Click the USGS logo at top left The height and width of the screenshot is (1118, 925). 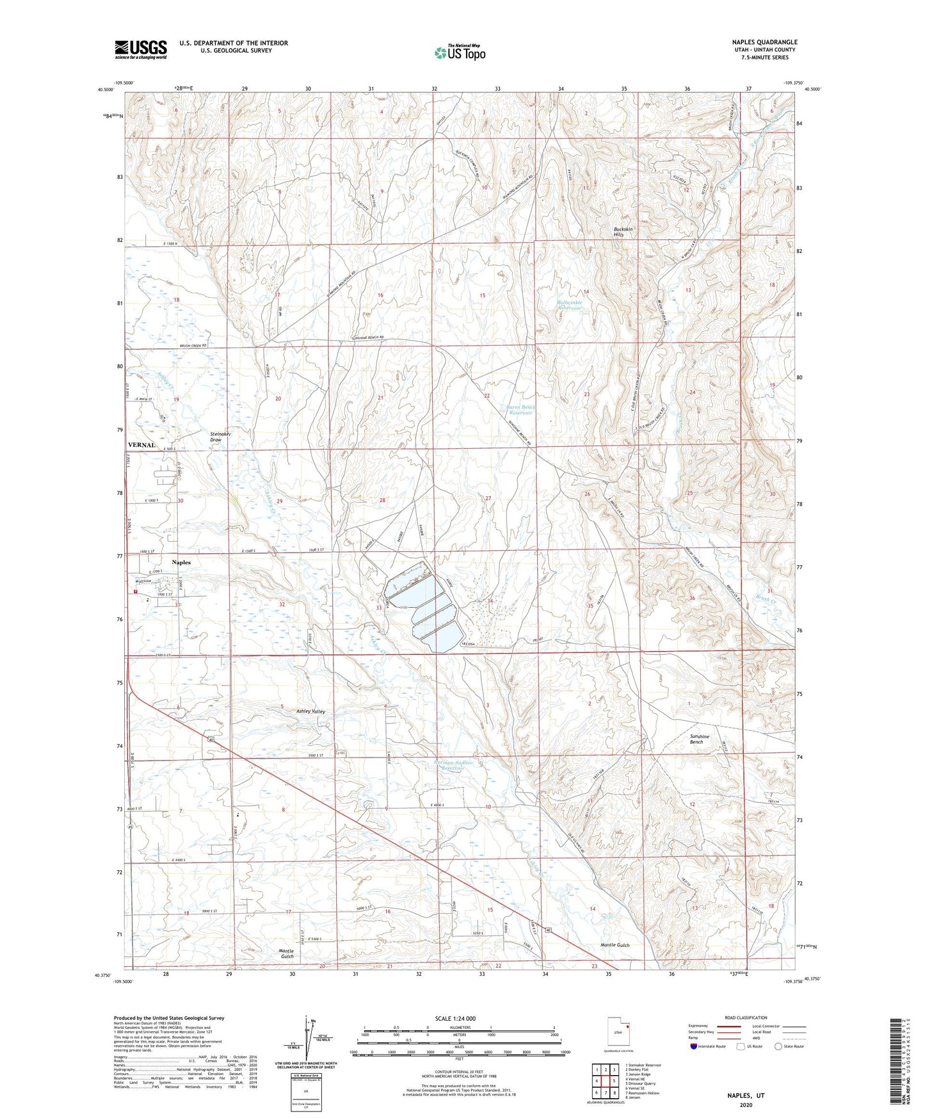141,49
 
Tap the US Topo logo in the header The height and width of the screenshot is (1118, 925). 459,53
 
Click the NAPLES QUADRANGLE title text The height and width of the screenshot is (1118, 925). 764,42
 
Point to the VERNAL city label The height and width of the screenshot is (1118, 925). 141,445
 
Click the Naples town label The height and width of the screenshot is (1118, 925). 181,562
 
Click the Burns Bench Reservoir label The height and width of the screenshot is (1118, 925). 519,410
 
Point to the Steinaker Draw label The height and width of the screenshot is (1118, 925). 220,437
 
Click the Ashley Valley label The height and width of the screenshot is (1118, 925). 310,711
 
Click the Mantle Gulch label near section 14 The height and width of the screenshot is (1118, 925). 615,945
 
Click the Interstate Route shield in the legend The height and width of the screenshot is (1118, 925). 695,1046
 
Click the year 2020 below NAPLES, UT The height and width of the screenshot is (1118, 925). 745,1105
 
